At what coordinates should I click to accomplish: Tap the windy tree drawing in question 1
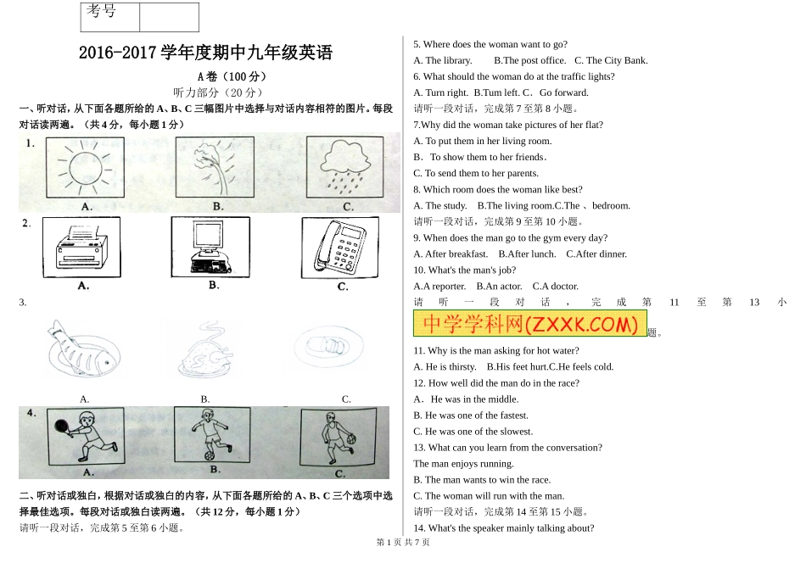215,168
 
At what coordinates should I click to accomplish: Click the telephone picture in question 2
342,248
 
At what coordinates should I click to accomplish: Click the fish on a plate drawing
81,350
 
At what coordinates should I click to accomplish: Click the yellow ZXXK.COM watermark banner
529,324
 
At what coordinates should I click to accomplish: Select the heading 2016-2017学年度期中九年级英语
206,53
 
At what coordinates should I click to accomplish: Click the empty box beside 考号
168,17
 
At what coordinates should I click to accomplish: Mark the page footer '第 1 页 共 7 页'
403,543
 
